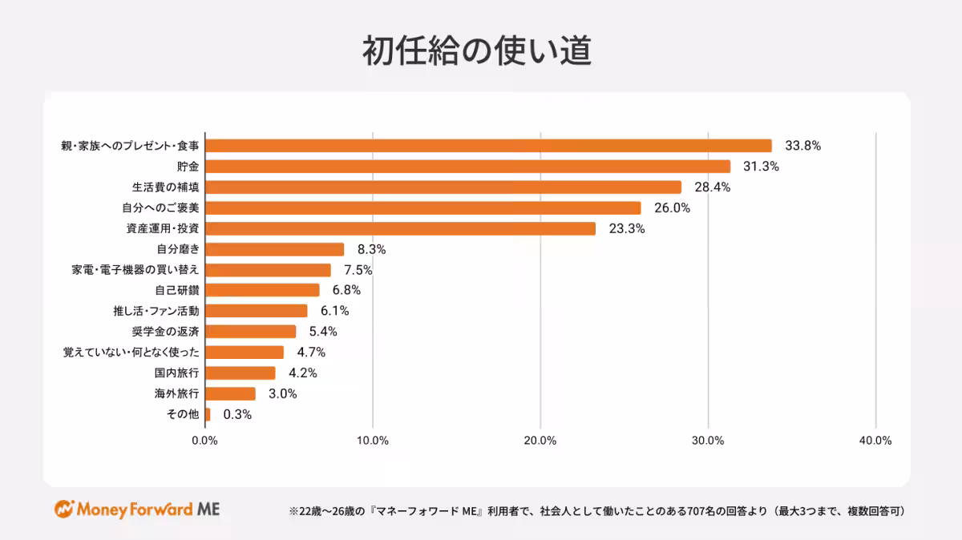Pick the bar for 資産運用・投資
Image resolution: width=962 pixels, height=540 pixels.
click(400, 228)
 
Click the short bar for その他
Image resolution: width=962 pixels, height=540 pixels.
click(208, 414)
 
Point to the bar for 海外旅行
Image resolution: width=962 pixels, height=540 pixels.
click(230, 393)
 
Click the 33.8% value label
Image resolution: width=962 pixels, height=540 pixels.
click(802, 146)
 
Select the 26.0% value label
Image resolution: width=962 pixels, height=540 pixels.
click(672, 208)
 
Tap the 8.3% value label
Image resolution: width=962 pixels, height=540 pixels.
click(371, 249)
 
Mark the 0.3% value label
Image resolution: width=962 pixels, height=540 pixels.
click(237, 414)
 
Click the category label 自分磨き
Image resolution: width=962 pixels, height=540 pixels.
click(177, 249)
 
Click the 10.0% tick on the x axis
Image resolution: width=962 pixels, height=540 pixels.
click(373, 441)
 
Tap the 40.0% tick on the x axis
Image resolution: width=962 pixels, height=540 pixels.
click(875, 441)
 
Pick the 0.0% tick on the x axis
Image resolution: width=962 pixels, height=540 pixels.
click(205, 441)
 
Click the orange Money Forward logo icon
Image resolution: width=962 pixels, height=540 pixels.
click(64, 509)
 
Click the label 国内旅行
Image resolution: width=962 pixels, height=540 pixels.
click(176, 373)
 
